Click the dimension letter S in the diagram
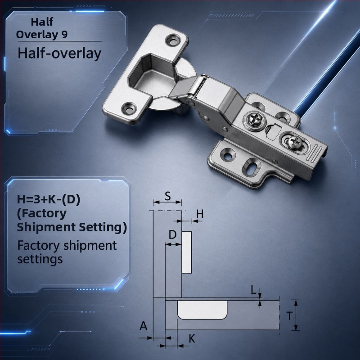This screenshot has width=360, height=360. tap(168, 196)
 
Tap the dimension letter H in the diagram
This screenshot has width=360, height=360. tap(200, 214)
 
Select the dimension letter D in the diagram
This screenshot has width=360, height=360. tap(172, 234)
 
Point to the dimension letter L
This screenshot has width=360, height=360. tap(253, 290)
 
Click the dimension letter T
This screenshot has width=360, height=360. tap(290, 316)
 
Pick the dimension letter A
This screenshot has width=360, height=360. tap(144, 326)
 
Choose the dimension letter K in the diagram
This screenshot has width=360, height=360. tap(192, 338)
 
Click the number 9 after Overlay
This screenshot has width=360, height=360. tap(64, 35)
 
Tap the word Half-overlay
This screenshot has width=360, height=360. tap(59, 54)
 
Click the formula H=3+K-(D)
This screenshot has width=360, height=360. tap(49, 199)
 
